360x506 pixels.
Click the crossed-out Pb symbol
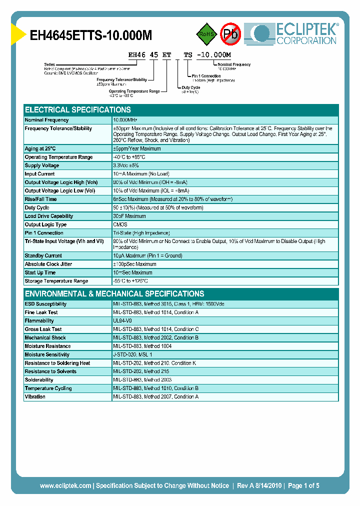click(230, 34)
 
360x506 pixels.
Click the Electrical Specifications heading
click(78, 110)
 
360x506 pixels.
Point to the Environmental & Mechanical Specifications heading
click(114, 294)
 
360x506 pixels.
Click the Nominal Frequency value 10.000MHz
click(125, 120)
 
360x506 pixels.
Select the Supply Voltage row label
click(42, 165)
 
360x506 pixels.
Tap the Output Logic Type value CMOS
click(120, 225)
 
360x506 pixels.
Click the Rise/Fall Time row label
click(41, 199)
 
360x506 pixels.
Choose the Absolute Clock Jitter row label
click(48, 264)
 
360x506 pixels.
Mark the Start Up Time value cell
click(132, 273)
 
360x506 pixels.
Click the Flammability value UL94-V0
click(122, 321)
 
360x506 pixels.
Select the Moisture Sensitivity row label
click(47, 355)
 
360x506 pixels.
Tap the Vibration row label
click(35, 397)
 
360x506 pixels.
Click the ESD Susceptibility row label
click(45, 304)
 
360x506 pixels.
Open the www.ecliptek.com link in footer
click(65, 485)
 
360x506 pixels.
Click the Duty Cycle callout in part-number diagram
click(190, 89)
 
